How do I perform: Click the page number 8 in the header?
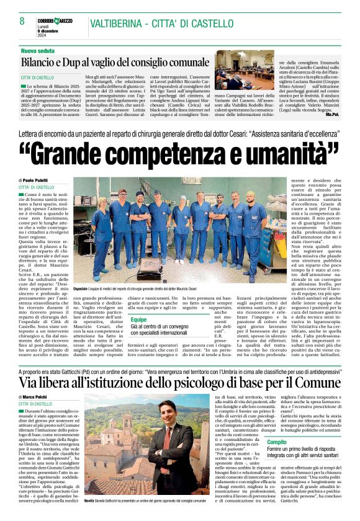(x=22, y=21)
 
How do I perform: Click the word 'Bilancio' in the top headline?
(x=44, y=63)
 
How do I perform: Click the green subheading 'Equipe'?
(x=139, y=319)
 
